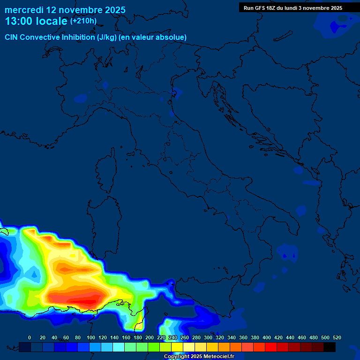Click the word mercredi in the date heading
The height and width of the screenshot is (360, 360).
point(24,9)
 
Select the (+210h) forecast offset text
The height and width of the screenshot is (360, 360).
point(83,21)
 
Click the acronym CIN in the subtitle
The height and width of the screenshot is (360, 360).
point(12,37)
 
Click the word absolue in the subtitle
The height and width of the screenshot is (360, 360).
point(172,37)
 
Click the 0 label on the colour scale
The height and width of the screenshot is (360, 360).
point(30,337)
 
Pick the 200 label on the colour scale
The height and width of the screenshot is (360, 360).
point(149,337)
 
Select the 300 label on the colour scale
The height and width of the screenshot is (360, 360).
point(208,337)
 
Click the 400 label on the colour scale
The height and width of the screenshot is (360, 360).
point(266,337)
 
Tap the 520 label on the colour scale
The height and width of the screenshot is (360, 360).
point(337,337)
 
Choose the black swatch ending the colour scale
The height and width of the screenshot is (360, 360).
point(330,347)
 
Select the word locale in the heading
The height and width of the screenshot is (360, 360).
point(50,22)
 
